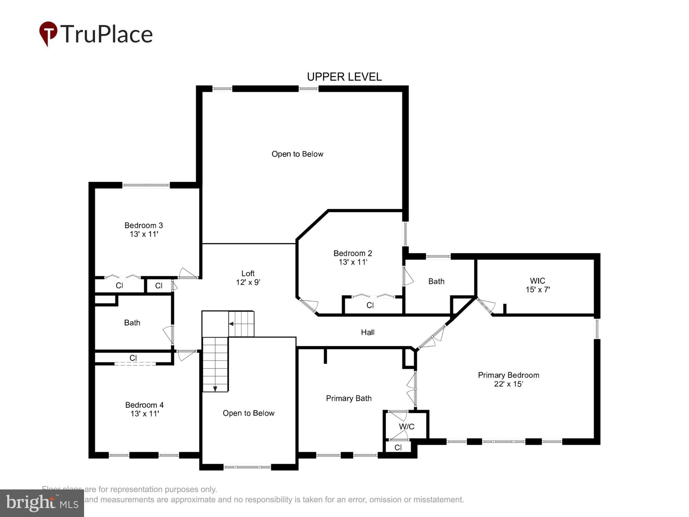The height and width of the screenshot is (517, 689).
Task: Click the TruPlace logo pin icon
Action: point(48,33)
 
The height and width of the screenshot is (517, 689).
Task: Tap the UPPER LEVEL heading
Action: point(344,77)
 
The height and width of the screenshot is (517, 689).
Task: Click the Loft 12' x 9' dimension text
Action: point(248,282)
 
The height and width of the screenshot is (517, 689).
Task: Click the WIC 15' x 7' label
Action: point(537,285)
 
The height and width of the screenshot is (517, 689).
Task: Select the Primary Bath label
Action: point(349,398)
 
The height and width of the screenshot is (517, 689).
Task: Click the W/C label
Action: point(407,427)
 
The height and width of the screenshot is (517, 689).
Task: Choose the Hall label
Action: point(368,332)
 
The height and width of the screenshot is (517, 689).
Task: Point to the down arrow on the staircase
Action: point(215,389)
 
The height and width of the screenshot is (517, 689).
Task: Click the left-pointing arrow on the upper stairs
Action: point(232,324)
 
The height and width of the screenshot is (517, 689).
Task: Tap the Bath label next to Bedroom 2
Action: point(436,282)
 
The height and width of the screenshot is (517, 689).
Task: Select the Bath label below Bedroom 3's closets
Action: point(132,323)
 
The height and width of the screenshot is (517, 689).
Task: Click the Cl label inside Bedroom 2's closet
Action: point(370,305)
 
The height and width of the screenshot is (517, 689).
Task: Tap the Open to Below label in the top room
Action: point(297,154)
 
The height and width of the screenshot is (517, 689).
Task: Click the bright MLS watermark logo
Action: point(42,503)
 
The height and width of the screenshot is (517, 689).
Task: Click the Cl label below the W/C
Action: point(398,448)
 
